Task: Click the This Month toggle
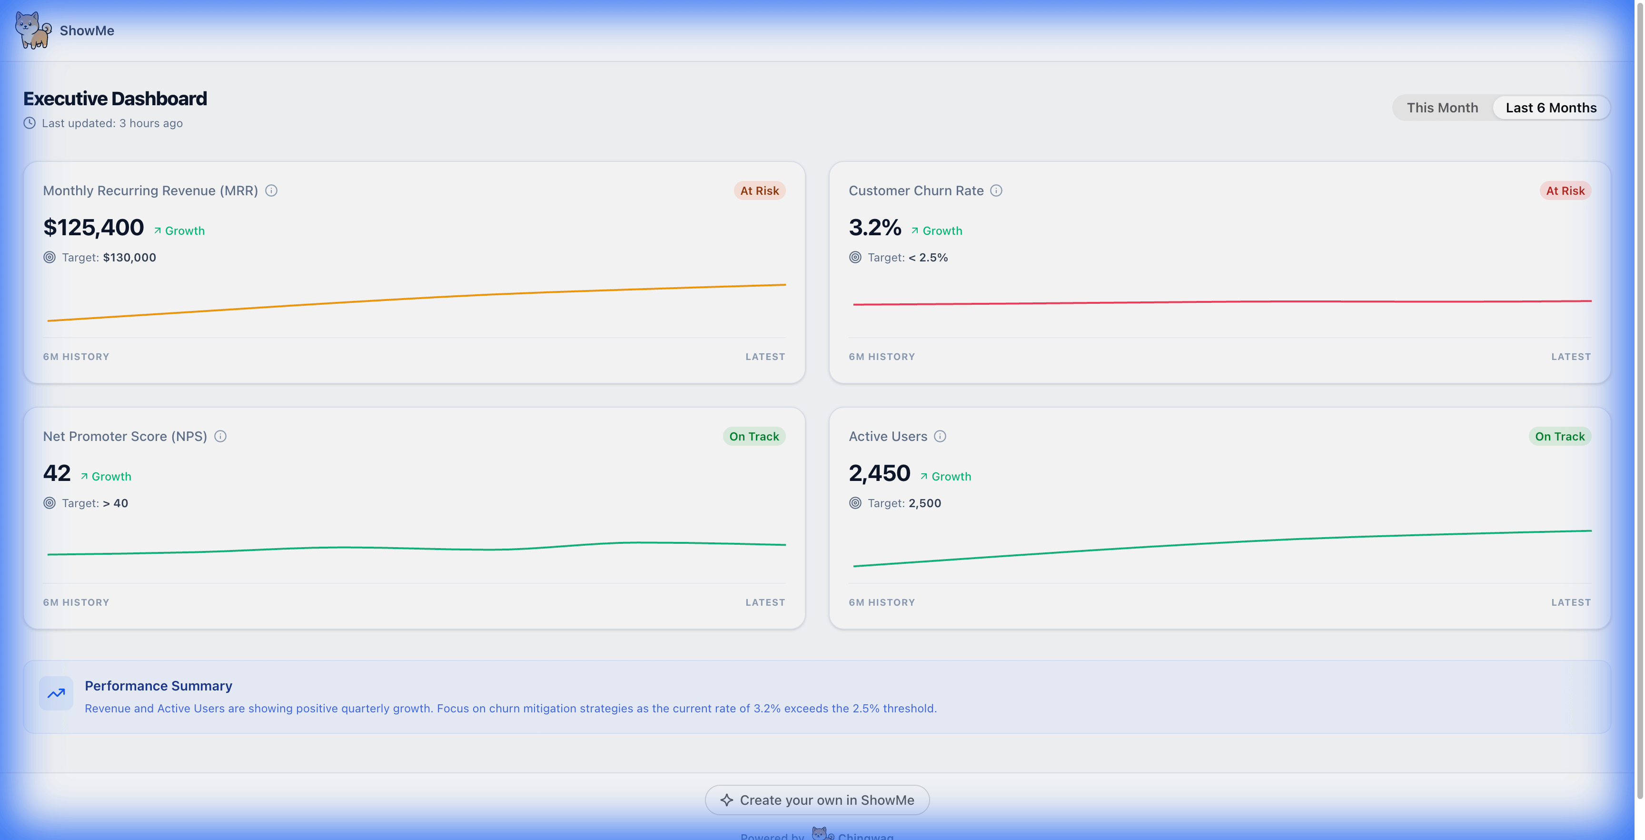[x=1442, y=107]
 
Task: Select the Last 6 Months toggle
[x=1550, y=107]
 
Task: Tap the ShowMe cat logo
[x=32, y=30]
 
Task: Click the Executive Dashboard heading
[x=115, y=99]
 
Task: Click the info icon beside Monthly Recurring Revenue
[x=271, y=190]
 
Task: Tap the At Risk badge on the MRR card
[x=759, y=190]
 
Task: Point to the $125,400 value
[x=93, y=228]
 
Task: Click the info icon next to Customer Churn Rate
[x=996, y=190]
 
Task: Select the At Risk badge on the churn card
[x=1565, y=190]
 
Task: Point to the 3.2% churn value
[x=874, y=228]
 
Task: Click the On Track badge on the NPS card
[x=753, y=436]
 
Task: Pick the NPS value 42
[x=57, y=473]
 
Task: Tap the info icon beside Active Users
[x=940, y=436]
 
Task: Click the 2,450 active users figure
[x=879, y=473]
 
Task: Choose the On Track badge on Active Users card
[x=1559, y=436]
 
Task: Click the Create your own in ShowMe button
[x=817, y=800]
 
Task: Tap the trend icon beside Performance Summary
[x=56, y=693]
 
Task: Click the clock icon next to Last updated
[x=30, y=123]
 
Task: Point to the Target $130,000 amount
[x=129, y=258]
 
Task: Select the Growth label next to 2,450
[x=951, y=477]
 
